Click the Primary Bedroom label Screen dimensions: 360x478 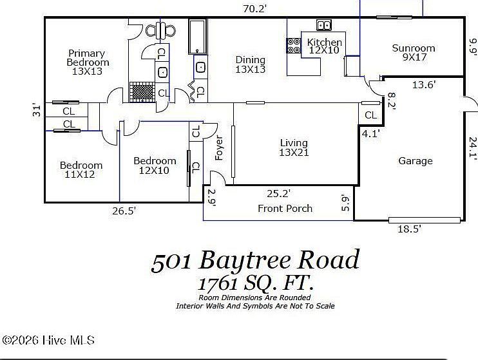[x=88, y=62]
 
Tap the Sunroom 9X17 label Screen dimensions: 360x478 [x=414, y=53]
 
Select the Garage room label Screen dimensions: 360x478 [x=415, y=161]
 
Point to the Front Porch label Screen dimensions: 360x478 [x=285, y=208]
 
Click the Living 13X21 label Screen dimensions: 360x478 [x=293, y=147]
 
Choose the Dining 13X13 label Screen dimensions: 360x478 [x=250, y=64]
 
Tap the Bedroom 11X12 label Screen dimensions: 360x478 [x=81, y=170]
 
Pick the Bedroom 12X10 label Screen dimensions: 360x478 [x=155, y=166]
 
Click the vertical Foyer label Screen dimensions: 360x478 [x=218, y=148]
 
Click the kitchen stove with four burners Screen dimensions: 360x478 [x=293, y=46]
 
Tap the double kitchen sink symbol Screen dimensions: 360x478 [x=323, y=26]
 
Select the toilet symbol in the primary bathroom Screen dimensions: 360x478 [x=161, y=30]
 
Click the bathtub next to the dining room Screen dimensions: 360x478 [x=197, y=36]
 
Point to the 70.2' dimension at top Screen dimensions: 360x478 [x=254, y=8]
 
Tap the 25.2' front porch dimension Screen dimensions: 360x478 [x=279, y=193]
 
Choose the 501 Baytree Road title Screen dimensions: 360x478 [x=255, y=261]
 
